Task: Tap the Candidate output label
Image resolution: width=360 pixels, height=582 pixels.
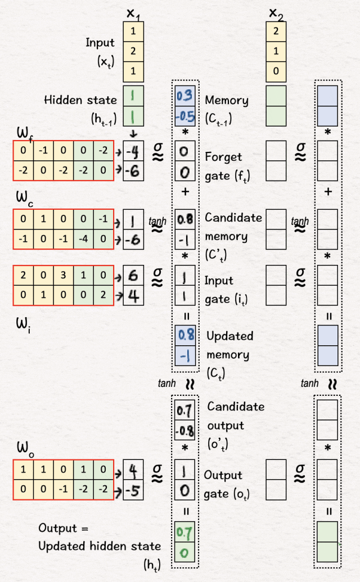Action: [x=235, y=416]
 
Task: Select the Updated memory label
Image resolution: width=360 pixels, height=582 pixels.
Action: [x=229, y=345]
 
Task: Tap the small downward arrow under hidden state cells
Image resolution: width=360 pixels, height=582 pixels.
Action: [x=133, y=133]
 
